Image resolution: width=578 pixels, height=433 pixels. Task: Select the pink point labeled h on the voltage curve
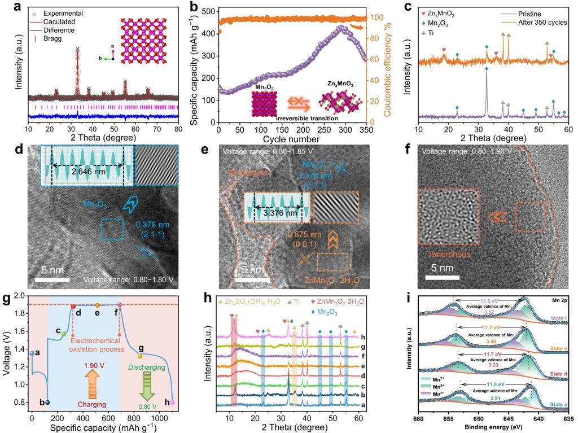pos(173,403)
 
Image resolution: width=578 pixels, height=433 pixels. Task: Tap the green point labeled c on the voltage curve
pos(64,334)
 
